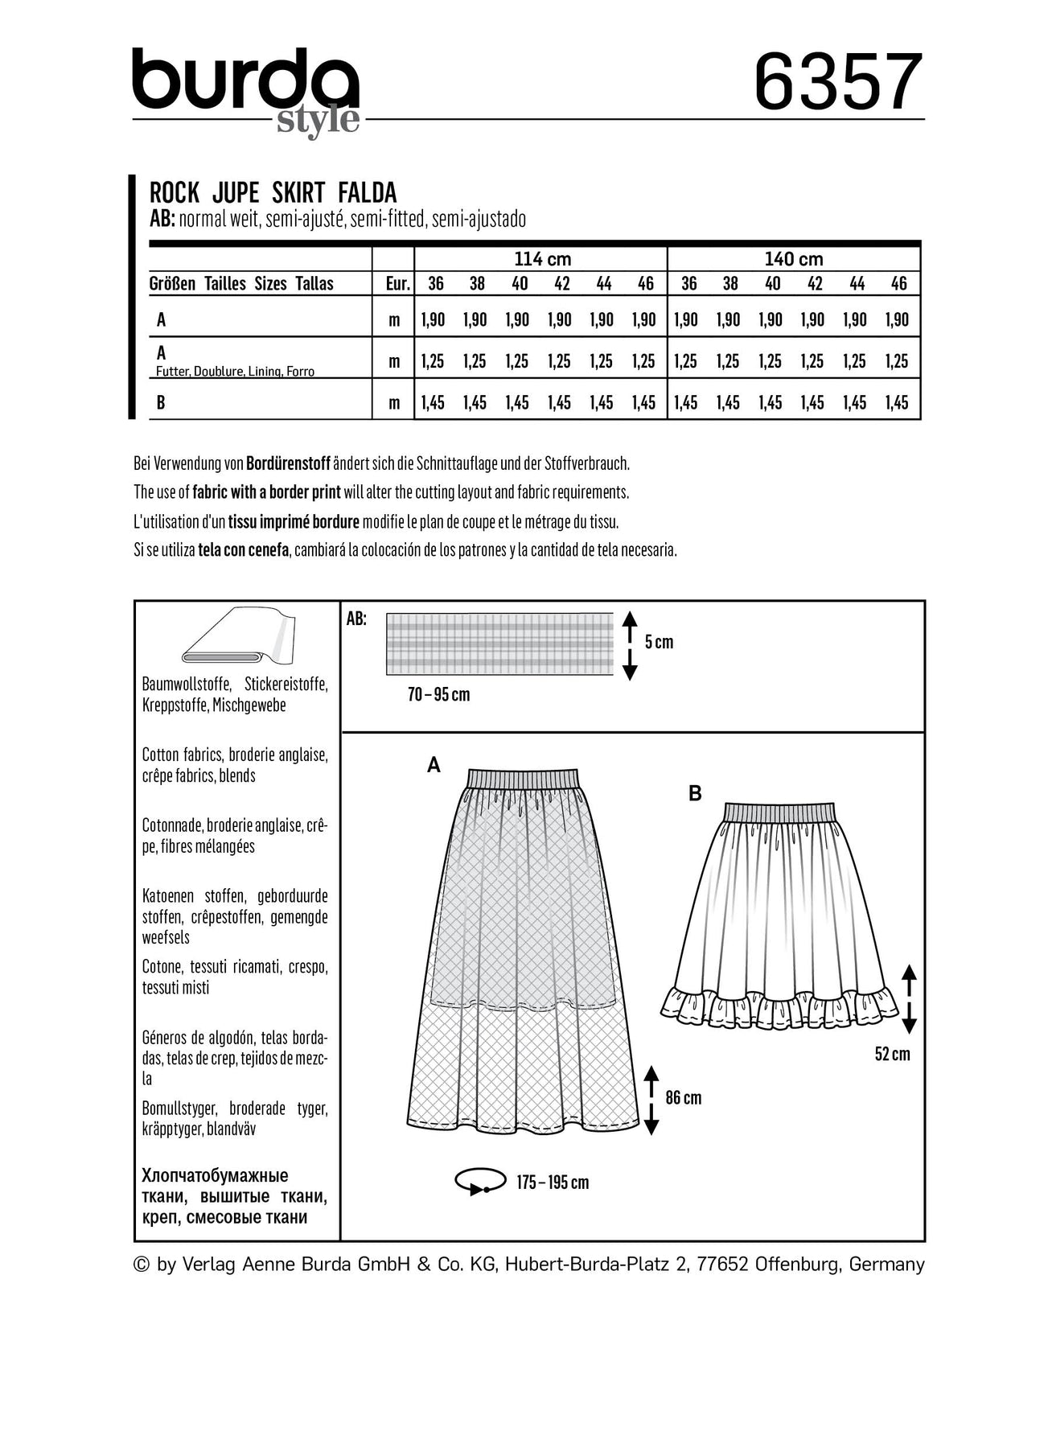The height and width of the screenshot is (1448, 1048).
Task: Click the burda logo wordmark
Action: tap(245, 80)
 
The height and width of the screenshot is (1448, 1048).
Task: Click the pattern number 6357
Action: tap(837, 82)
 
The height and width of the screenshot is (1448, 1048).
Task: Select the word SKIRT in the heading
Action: tap(297, 193)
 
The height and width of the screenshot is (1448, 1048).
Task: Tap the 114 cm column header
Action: tap(542, 259)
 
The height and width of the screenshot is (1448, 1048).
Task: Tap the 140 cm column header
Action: tap(794, 259)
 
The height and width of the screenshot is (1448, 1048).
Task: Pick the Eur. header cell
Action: tap(397, 284)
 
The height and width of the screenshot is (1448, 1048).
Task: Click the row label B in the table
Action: tap(161, 402)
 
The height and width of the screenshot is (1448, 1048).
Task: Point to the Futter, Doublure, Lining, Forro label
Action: tap(235, 372)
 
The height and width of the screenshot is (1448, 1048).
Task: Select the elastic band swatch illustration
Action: tap(499, 644)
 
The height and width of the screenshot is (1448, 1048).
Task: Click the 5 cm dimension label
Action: tap(659, 642)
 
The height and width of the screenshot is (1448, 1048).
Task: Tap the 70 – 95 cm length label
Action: tap(438, 694)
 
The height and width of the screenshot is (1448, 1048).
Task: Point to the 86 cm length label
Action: tap(683, 1098)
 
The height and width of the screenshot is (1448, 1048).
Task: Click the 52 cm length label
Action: tap(892, 1054)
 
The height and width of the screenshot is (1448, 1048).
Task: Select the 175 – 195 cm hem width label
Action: tap(552, 1183)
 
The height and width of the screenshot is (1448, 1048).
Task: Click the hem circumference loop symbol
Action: tap(480, 1182)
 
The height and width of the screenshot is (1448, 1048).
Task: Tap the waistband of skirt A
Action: tap(523, 778)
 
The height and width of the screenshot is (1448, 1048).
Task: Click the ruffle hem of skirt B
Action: tap(779, 1007)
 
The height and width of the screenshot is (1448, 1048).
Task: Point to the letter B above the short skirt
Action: tap(695, 794)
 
